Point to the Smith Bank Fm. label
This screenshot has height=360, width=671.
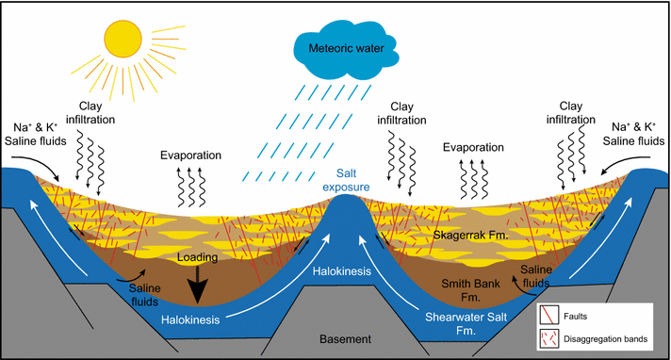[x=469, y=287]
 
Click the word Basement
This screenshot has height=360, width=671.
[x=345, y=338]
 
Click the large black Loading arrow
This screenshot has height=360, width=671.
[x=198, y=282]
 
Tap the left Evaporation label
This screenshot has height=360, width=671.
[x=190, y=155]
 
